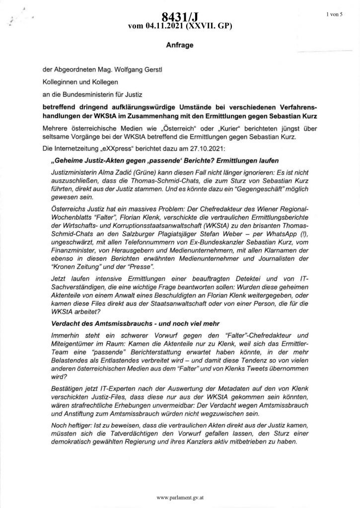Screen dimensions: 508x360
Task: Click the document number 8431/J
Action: point(180,18)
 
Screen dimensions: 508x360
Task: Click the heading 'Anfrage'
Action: point(179,45)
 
